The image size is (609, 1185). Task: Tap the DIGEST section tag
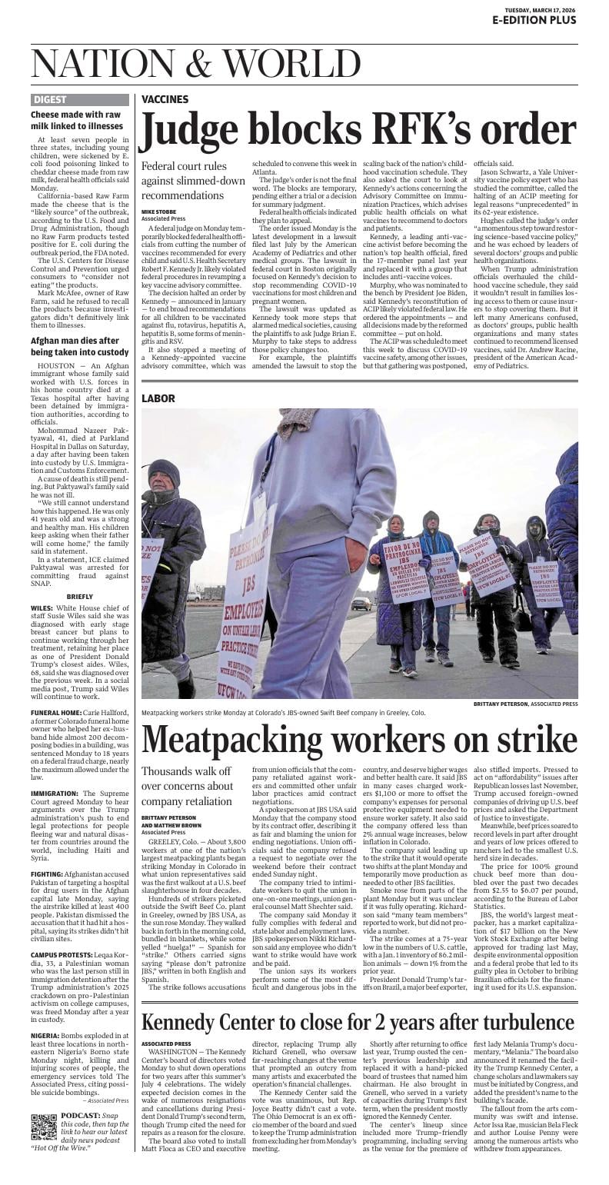(x=50, y=99)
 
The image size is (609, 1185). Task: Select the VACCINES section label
(x=165, y=99)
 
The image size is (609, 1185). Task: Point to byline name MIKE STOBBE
(x=158, y=211)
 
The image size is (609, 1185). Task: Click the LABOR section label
(x=158, y=398)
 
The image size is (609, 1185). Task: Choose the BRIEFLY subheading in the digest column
(x=80, y=597)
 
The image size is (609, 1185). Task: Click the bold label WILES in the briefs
(x=42, y=607)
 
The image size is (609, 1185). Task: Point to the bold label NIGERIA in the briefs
(x=45, y=1036)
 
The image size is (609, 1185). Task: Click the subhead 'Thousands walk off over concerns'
(x=187, y=786)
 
